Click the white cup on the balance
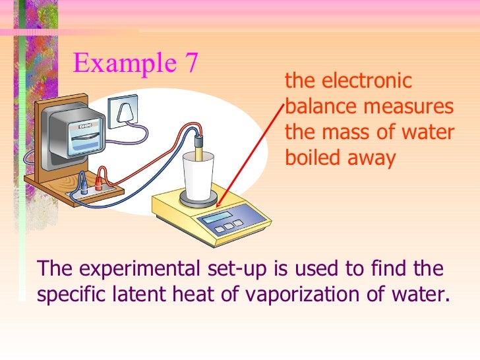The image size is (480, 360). click(196, 172)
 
